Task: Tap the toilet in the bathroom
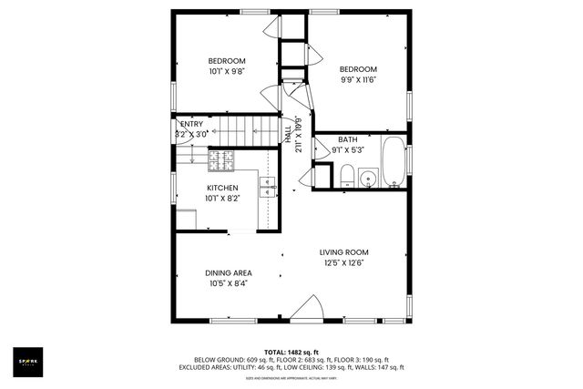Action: [346, 176]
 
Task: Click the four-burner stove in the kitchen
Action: [221, 161]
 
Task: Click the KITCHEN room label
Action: [221, 188]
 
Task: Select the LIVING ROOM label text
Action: [342, 252]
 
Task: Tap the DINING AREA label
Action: [228, 272]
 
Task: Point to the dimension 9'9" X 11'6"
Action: [358, 79]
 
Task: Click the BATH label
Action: [347, 139]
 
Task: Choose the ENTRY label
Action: [192, 124]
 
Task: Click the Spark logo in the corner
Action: [29, 362]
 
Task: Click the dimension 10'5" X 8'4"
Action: [228, 282]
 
